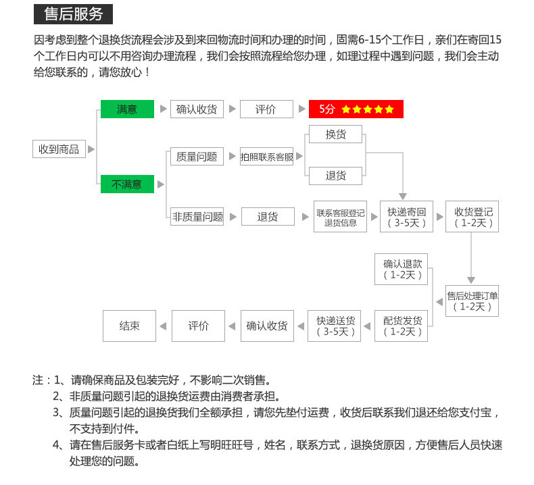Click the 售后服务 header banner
click(x=73, y=14)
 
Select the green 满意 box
click(x=127, y=109)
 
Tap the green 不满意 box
click(x=127, y=184)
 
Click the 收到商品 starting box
click(x=59, y=149)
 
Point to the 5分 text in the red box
click(x=327, y=109)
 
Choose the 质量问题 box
click(x=197, y=157)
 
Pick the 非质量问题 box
click(x=197, y=216)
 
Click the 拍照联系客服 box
click(x=266, y=157)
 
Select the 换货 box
click(x=335, y=134)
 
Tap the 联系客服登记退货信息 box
click(x=340, y=216)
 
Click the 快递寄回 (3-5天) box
click(x=407, y=216)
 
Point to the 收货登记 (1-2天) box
click(x=472, y=216)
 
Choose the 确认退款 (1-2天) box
click(x=402, y=270)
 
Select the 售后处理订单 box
click(x=472, y=301)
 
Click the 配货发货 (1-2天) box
click(x=402, y=326)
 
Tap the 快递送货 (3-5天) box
click(x=334, y=326)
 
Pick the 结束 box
click(x=129, y=326)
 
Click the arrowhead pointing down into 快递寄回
click(x=403, y=197)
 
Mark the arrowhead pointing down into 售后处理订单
click(x=471, y=280)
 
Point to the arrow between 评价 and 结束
click(x=163, y=326)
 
